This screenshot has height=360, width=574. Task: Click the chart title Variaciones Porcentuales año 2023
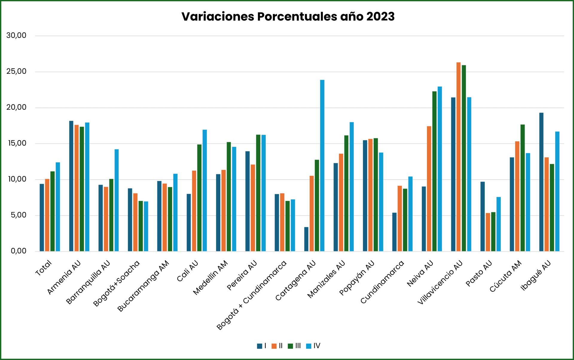click(288, 17)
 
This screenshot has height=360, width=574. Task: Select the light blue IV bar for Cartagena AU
click(322, 166)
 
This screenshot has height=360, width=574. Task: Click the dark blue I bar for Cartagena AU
click(306, 239)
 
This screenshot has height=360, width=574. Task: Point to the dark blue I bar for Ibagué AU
click(541, 182)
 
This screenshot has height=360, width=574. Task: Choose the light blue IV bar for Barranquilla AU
click(116, 200)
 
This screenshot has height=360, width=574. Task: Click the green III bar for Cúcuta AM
click(522, 188)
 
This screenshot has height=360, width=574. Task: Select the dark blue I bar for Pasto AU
click(483, 216)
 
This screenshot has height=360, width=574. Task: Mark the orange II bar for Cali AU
click(194, 211)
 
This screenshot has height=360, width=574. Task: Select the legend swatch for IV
click(309, 346)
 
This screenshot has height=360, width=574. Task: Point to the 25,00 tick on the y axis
click(16, 71)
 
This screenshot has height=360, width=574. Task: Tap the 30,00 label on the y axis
click(16, 36)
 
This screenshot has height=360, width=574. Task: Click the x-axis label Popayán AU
click(357, 278)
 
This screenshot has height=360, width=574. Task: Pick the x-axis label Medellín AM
click(210, 278)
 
